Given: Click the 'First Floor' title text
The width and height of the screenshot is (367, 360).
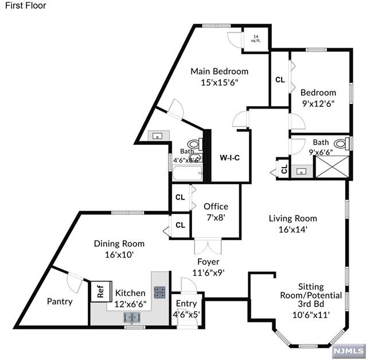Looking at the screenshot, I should (26, 6).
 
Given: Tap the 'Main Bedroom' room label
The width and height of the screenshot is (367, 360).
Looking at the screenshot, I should (220, 71).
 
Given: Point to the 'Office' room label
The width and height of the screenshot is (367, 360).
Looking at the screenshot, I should (216, 207).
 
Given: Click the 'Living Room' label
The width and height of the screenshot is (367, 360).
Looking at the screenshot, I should (293, 218).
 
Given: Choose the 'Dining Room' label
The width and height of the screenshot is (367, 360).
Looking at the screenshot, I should (119, 243).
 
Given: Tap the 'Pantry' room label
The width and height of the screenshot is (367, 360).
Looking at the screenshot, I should (60, 301).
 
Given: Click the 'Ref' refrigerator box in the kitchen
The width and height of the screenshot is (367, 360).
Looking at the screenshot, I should (100, 290).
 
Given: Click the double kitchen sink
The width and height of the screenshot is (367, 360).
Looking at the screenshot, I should (133, 316).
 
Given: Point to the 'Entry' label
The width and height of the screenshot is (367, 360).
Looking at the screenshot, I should (186, 304).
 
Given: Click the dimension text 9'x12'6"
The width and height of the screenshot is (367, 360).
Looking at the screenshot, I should (318, 103).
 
